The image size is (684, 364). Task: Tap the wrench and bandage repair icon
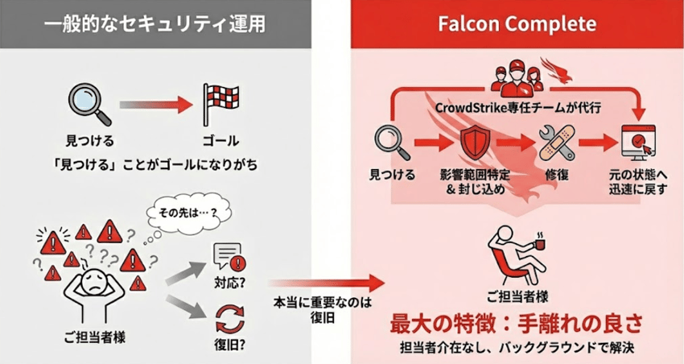(554, 143)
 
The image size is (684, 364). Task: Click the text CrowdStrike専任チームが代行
(517, 105)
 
